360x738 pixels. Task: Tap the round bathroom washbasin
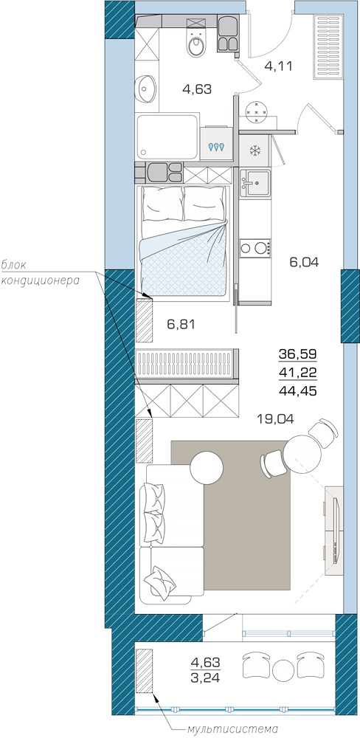coord(146,88)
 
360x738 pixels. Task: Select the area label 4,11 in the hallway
coord(279,66)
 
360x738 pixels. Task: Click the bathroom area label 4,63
coord(197,89)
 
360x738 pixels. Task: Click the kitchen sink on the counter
coord(255,184)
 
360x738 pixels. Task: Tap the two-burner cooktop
coord(255,247)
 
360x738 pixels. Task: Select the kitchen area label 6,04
coord(305,263)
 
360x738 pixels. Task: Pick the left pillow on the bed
coord(162,204)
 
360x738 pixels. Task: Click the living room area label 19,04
coord(275,418)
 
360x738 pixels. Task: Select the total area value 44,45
coord(297,390)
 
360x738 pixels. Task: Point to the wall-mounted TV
coord(336,530)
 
